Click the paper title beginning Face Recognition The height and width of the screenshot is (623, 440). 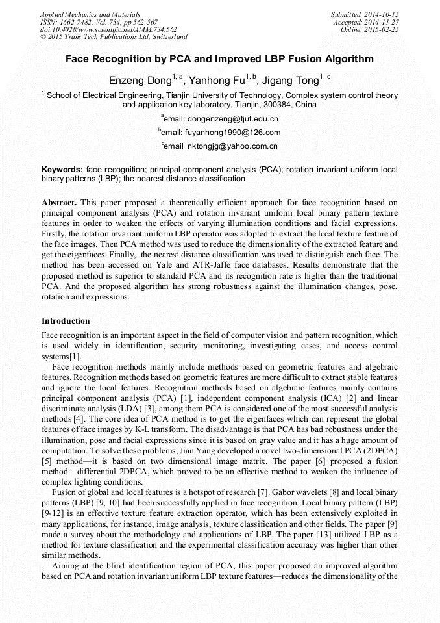click(219, 59)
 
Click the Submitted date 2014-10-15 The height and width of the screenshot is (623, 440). click(380, 14)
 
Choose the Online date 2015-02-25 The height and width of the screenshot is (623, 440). click(384, 29)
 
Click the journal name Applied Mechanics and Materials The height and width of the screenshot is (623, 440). click(90, 14)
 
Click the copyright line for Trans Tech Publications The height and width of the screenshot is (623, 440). click(114, 37)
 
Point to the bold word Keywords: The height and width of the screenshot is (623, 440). click(62, 169)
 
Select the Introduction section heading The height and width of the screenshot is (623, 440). click(66, 320)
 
